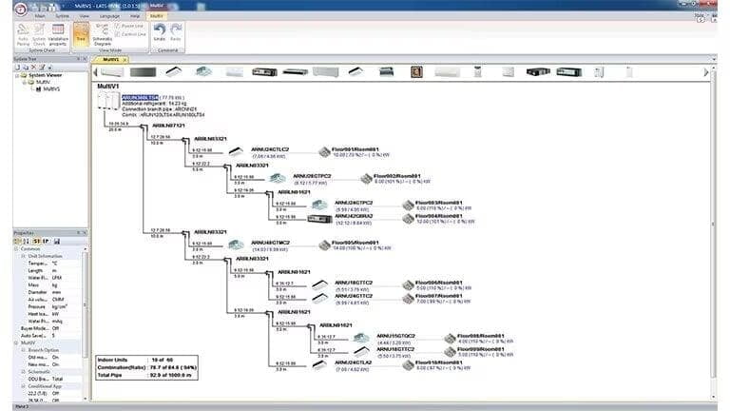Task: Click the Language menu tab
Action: pos(109,16)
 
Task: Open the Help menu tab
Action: pos(134,16)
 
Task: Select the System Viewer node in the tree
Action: pos(42,75)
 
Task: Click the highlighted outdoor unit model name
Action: pos(141,97)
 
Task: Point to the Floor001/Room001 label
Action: pos(355,148)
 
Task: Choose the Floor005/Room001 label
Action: pos(355,243)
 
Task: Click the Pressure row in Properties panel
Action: pos(38,306)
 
